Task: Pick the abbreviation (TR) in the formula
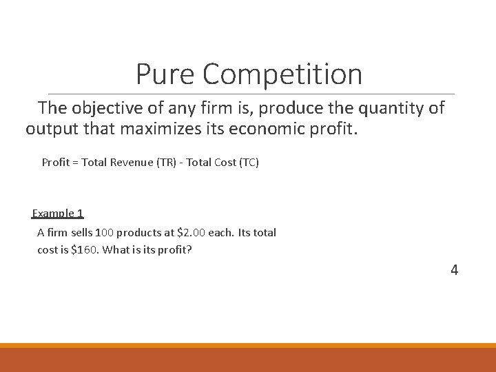[x=160, y=163]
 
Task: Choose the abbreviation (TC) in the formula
[x=248, y=163]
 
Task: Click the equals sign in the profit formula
[x=75, y=163]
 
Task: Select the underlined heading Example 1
[x=58, y=214]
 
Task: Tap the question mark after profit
[x=189, y=249]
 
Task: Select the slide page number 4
[x=454, y=270]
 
